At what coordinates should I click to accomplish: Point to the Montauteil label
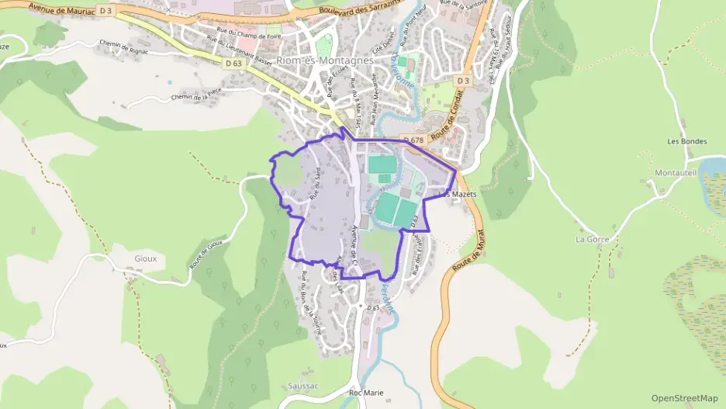click(x=676, y=172)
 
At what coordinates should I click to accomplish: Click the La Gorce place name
click(x=592, y=239)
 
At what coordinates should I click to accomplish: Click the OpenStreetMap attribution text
click(x=684, y=398)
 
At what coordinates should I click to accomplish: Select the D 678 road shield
click(x=412, y=140)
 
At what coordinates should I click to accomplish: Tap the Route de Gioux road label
click(x=206, y=254)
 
